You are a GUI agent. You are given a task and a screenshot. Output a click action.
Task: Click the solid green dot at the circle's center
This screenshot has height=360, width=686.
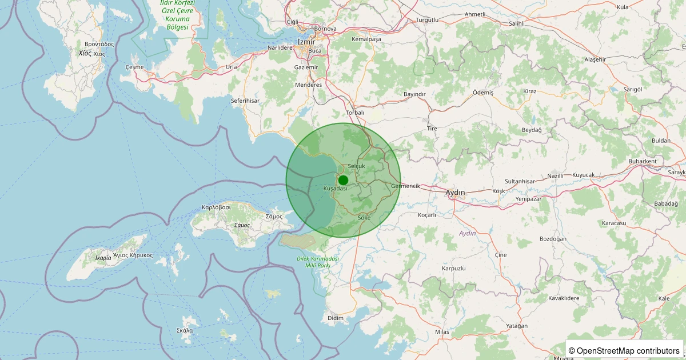point(343,180)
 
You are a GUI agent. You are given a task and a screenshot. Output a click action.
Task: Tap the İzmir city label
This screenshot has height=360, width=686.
point(306,42)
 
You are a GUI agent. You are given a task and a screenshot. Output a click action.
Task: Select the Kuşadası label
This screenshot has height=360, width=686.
point(335,189)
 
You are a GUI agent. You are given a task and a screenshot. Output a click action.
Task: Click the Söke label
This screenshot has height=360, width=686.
point(364,218)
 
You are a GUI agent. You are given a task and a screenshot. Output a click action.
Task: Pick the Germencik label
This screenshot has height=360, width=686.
point(406,186)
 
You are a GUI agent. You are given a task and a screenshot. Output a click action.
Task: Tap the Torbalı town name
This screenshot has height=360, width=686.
point(355,113)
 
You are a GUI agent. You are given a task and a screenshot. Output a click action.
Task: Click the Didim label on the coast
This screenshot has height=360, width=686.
point(335,318)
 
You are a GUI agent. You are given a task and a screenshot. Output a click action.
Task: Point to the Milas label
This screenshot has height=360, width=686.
point(442,332)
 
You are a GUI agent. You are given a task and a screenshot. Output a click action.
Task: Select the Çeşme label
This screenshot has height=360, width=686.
point(134,67)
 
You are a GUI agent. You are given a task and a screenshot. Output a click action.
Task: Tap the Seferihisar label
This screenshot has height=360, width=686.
point(245,101)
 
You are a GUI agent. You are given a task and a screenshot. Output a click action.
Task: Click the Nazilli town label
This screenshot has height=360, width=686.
point(555,176)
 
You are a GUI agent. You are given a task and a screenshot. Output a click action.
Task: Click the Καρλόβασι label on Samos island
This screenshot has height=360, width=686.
point(216,207)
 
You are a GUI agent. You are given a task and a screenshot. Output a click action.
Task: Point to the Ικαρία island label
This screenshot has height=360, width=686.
point(103,258)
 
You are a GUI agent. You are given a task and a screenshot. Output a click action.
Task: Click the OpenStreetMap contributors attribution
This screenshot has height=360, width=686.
point(625,350)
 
